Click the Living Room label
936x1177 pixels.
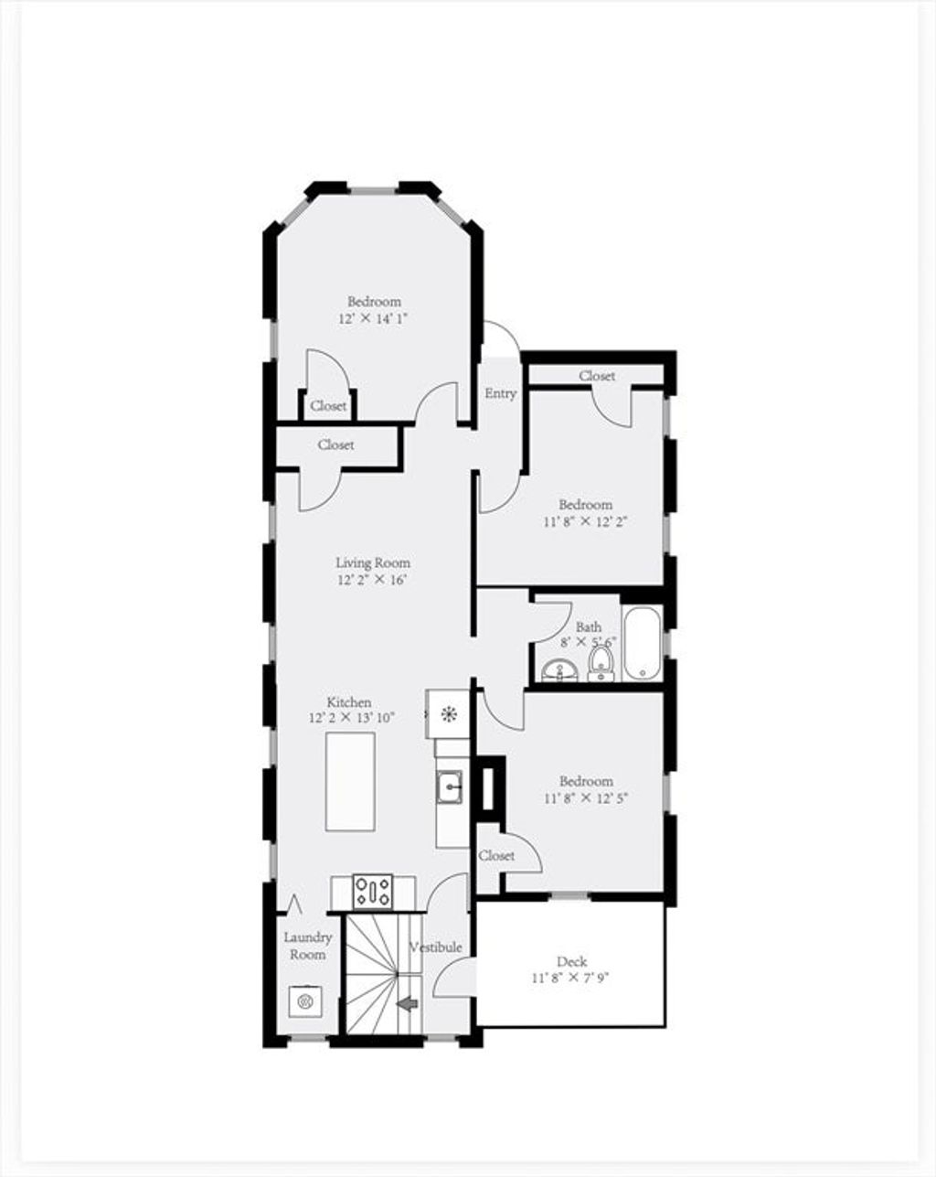coord(373,562)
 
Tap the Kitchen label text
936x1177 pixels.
coord(349,702)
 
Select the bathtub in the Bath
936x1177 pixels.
coord(643,643)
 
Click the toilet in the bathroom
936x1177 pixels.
coord(602,664)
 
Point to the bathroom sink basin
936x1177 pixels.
coord(559,670)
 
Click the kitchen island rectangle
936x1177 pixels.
coord(350,782)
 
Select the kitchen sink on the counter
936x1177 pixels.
coord(450,787)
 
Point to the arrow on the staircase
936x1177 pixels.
coord(408,1004)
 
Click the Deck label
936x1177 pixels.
coord(572,961)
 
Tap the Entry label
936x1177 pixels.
coord(500,393)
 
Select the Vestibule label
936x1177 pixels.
coord(436,947)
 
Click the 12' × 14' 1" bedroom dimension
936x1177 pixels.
coord(373,319)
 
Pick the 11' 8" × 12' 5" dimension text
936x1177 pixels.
coord(586,798)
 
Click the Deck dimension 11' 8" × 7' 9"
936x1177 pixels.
coord(570,978)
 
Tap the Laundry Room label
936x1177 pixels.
coord(308,946)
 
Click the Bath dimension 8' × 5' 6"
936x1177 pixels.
coord(588,642)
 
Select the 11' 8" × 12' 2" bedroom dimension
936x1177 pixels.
coord(585,521)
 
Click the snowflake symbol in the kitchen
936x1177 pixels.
coord(448,713)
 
